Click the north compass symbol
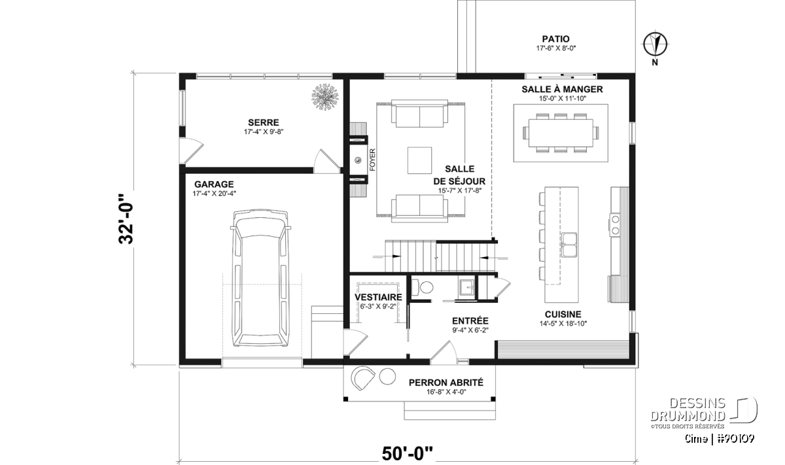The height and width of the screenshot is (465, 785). coord(655,44)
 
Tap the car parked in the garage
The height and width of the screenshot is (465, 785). coord(260,278)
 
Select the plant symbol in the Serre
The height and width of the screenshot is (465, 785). coord(326,97)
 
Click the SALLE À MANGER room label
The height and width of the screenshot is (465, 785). coord(562,90)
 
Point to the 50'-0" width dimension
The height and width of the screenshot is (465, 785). coord(407,453)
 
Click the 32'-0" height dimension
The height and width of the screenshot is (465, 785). coord(126,218)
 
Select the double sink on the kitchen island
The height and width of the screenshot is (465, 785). coord(570,245)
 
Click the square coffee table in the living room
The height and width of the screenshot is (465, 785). coord(419,160)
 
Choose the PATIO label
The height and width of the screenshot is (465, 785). coord(556,39)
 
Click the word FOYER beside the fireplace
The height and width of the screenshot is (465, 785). coord(372,160)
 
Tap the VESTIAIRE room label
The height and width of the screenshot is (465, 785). coord(378,297)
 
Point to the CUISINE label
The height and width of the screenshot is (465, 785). coord(563,315)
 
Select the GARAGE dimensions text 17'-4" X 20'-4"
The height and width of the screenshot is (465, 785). coord(214,194)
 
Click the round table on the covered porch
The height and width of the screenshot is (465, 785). coord(387,376)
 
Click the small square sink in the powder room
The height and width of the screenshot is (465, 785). coord(467,288)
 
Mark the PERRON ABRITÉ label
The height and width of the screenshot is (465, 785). coord(445,383)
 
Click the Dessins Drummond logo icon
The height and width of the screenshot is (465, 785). coord(744,409)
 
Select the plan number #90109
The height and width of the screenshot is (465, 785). coord(735,439)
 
